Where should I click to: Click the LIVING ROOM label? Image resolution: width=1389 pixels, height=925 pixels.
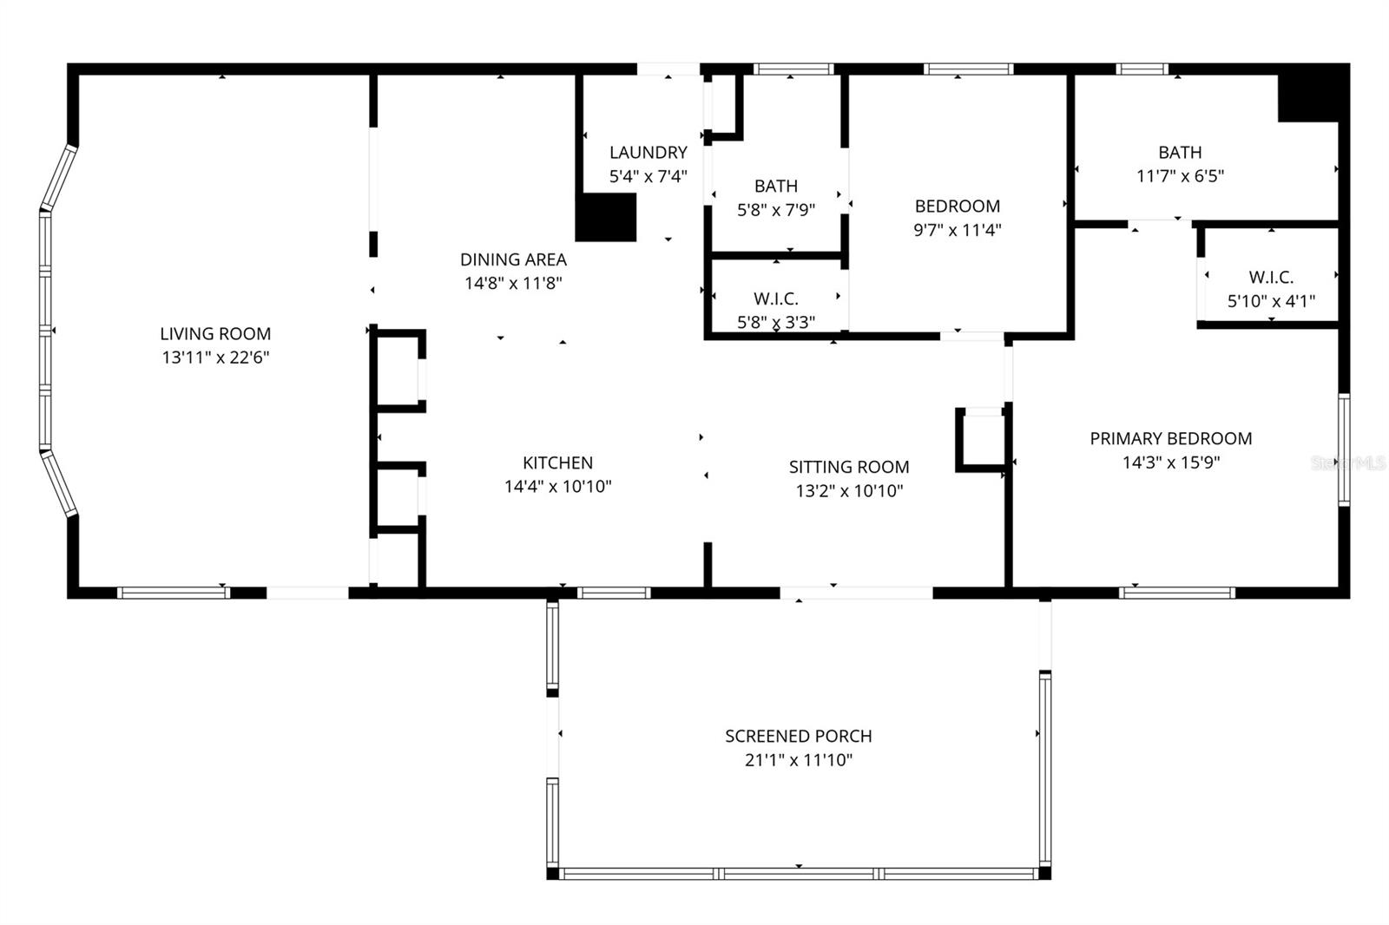click(215, 333)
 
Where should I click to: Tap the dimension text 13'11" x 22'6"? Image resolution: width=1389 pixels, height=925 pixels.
click(215, 358)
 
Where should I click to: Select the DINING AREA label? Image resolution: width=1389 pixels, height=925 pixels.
click(513, 259)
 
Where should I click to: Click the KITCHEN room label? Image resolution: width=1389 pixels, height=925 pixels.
click(557, 462)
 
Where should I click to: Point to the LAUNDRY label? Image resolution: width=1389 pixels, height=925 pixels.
click(648, 153)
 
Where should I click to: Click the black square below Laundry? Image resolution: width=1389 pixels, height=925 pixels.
click(606, 217)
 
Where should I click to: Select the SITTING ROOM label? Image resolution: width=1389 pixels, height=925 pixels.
click(849, 467)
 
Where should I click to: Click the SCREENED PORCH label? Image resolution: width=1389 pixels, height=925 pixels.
click(798, 736)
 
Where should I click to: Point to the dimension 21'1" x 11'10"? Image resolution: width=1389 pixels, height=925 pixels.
click(798, 760)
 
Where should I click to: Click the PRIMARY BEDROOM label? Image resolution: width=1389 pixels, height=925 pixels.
click(1170, 438)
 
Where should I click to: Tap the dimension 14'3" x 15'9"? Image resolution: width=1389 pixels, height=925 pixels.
click(1170, 462)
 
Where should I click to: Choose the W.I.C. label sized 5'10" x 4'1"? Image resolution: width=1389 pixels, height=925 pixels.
click(1271, 278)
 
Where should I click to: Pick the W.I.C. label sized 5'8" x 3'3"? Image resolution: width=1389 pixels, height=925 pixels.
click(775, 299)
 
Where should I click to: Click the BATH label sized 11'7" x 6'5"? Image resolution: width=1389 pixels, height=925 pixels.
click(1180, 153)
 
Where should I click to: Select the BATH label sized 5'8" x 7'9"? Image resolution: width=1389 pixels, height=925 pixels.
click(775, 186)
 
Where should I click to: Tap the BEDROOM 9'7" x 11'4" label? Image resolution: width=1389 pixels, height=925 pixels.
click(957, 207)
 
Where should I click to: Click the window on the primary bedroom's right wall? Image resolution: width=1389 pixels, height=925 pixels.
click(1343, 449)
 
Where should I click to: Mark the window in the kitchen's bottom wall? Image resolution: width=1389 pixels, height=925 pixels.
click(613, 593)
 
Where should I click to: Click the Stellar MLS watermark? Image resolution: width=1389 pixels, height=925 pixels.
click(1348, 463)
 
